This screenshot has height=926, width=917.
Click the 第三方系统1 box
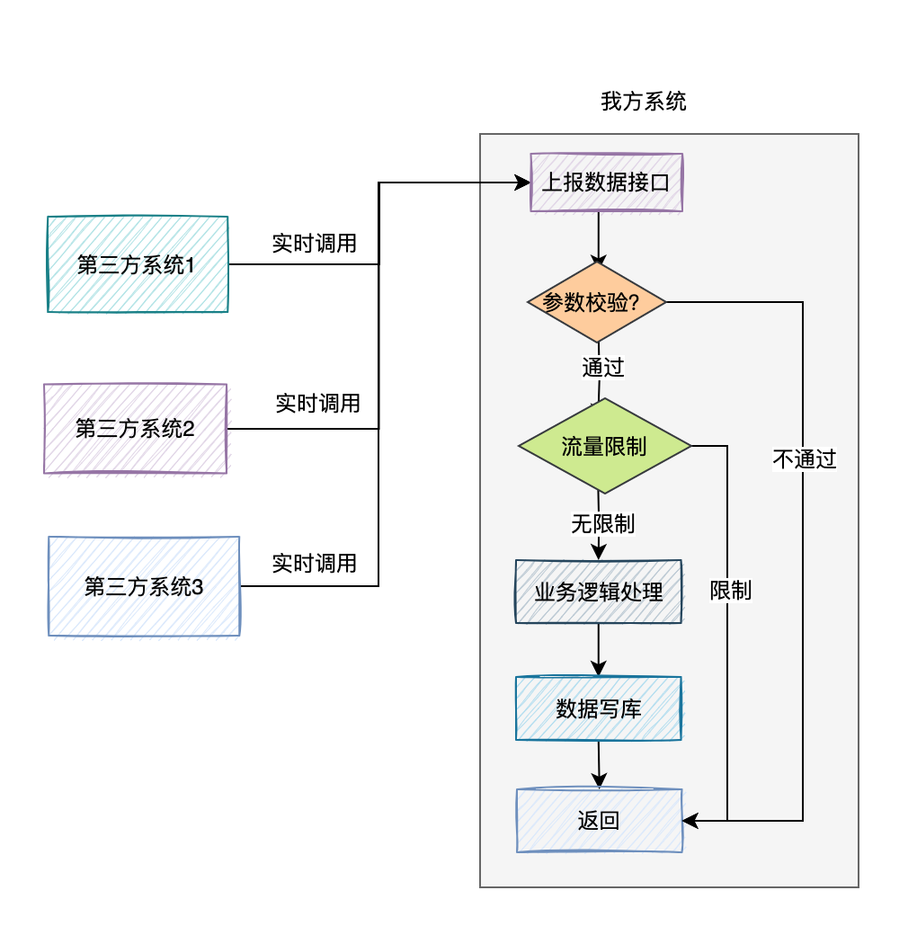tap(138, 264)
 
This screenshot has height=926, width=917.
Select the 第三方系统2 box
tap(136, 429)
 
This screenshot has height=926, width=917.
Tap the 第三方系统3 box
tap(144, 587)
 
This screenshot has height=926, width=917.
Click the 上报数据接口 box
tap(607, 183)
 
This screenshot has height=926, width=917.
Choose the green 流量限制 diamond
tap(604, 446)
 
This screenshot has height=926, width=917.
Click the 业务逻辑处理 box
tap(599, 592)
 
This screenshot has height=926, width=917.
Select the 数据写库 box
tap(599, 708)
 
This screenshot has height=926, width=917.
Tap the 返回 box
tap(599, 820)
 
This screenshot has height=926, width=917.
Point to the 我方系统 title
tap(644, 102)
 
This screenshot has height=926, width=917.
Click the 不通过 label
tap(804, 459)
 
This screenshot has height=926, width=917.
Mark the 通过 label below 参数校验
tap(602, 367)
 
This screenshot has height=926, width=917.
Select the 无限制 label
tap(602, 522)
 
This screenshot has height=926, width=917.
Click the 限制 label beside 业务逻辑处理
tap(730, 591)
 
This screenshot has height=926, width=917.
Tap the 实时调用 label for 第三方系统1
tap(315, 243)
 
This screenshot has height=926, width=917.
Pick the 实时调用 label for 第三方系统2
tap(317, 404)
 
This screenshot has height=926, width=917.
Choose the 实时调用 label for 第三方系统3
tap(315, 564)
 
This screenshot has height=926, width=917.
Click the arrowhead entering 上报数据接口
tap(523, 183)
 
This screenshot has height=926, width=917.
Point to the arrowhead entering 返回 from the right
tap(690, 820)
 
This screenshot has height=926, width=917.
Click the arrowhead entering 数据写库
tap(599, 670)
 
